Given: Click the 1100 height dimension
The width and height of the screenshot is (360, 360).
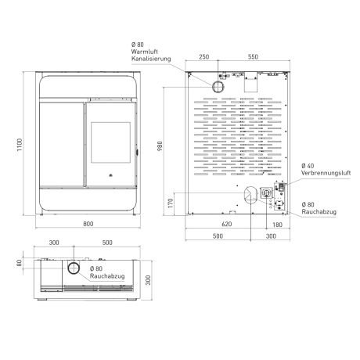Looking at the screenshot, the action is click(x=20, y=145).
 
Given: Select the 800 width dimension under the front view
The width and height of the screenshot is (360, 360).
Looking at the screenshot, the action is click(x=88, y=224).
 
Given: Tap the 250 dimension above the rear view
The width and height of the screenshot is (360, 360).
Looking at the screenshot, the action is click(x=204, y=57).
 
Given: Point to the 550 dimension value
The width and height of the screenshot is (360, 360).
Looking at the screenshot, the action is click(x=253, y=57).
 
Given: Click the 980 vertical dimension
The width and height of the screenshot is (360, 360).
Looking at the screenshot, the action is click(x=160, y=146).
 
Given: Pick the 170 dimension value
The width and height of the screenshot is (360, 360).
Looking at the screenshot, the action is click(x=171, y=203).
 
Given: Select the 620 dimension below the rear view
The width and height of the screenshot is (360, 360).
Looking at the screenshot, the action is click(x=226, y=224).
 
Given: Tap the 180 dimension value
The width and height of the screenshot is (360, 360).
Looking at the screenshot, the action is click(x=277, y=225).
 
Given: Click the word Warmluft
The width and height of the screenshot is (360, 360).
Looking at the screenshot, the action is click(x=145, y=52).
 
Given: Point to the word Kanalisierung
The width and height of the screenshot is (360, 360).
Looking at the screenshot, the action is click(x=151, y=59).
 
